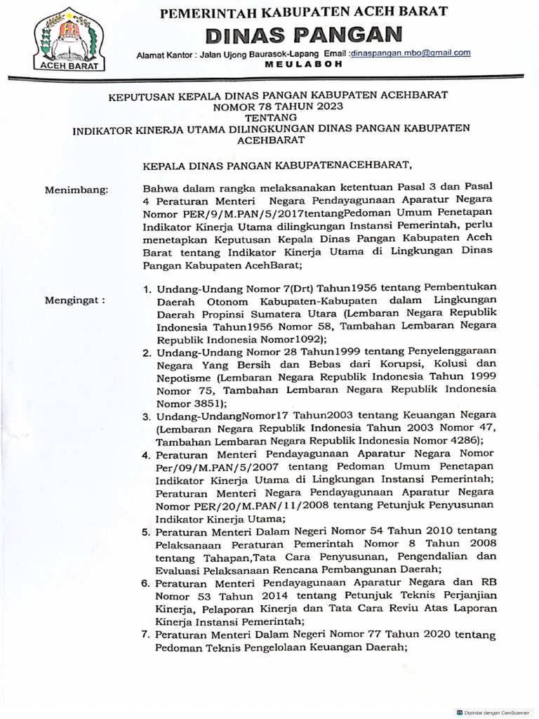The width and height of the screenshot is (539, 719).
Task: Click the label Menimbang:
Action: point(76,190)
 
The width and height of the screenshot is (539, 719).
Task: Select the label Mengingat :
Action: point(75,300)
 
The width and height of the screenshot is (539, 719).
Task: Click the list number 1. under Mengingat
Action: point(147,287)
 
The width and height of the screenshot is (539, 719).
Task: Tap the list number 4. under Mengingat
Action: point(147,454)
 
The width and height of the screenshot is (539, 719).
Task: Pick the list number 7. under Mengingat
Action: point(147,635)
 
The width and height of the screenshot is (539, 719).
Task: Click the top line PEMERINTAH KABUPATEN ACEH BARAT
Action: point(304,12)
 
